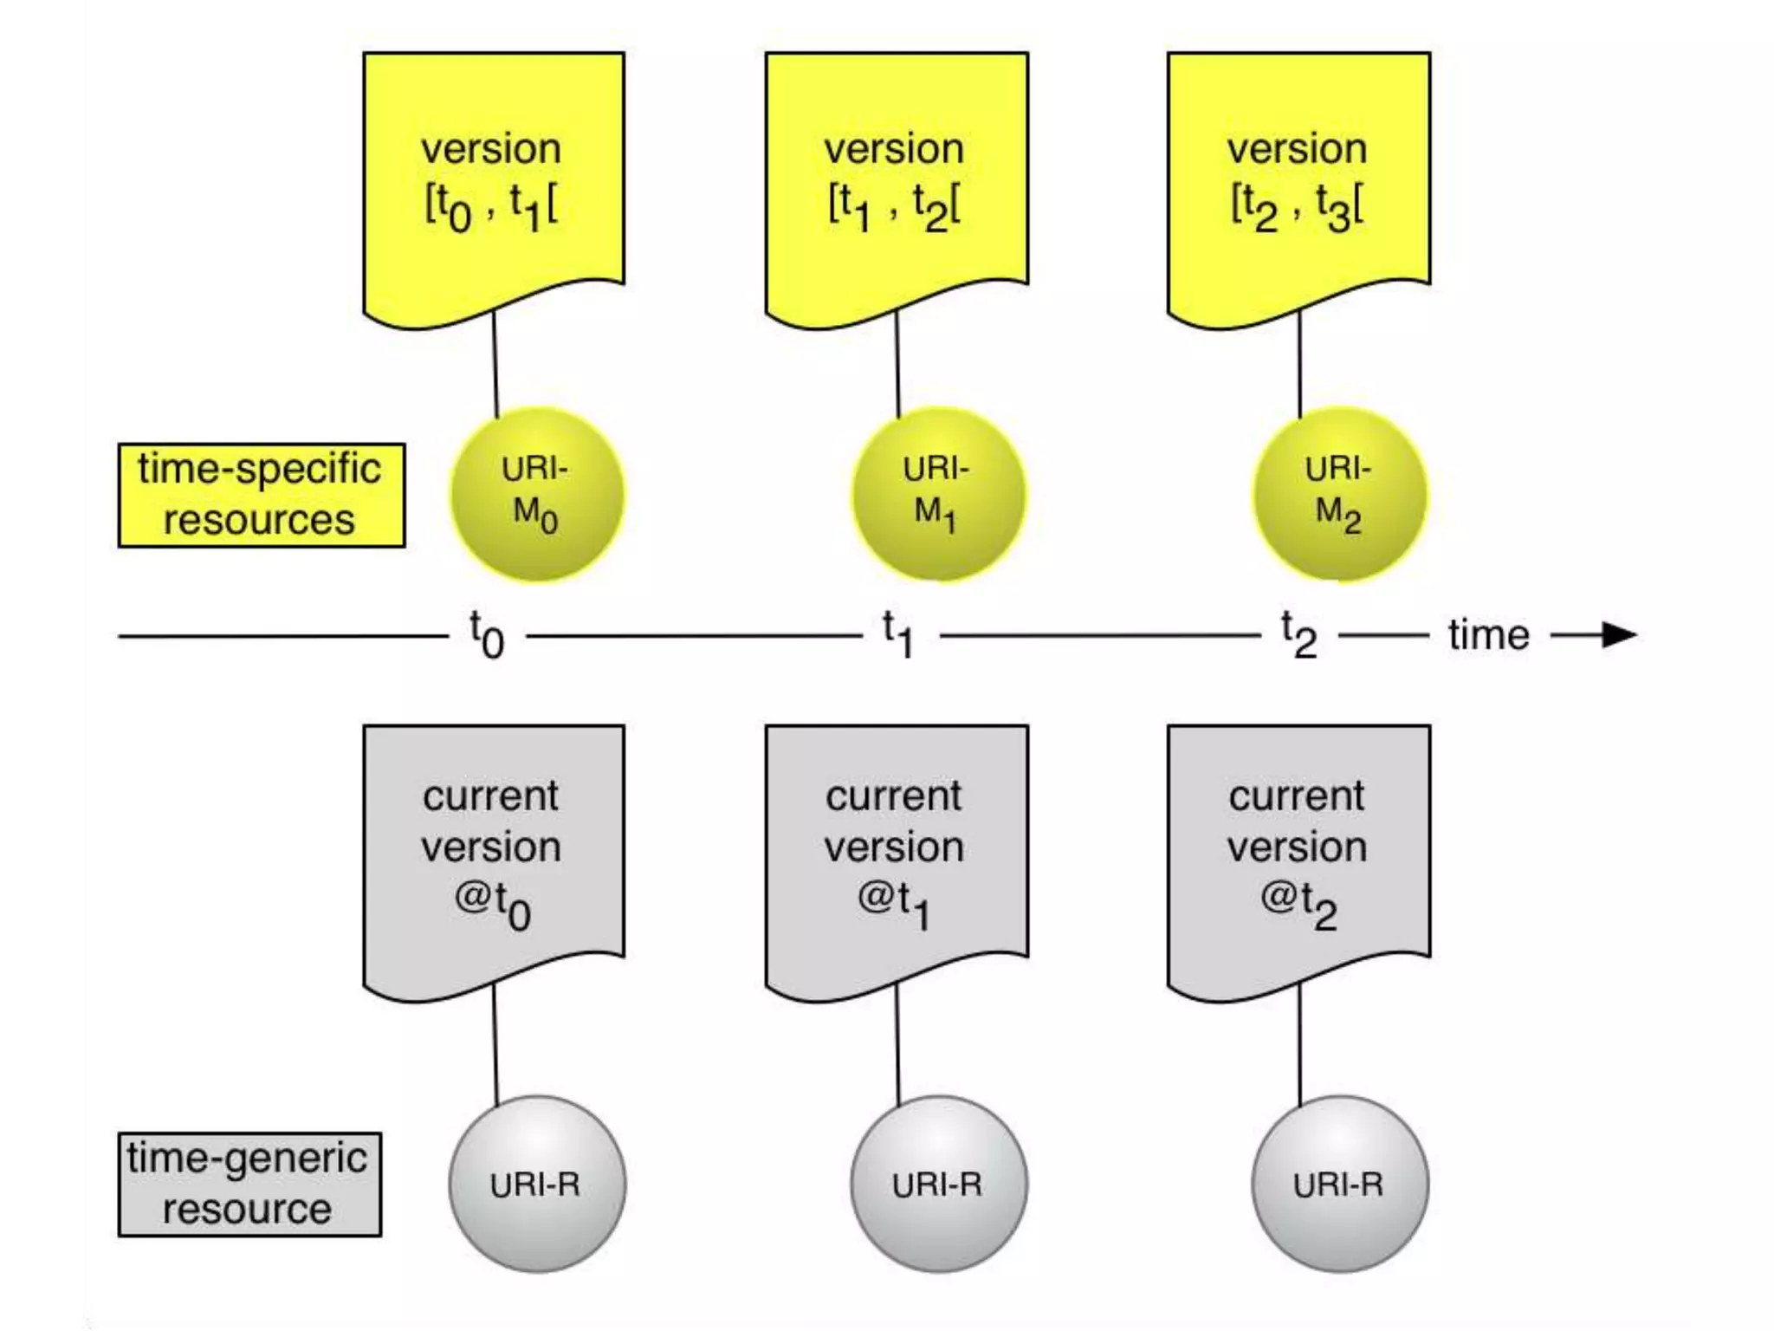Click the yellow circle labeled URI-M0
pos(537,495)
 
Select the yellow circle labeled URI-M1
pos(938,495)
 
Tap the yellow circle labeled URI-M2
pos(1340,495)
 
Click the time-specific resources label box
pos(261,495)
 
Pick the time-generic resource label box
pos(249,1184)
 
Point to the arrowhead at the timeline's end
pos(1618,635)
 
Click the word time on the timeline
pos(1488,635)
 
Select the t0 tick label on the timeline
pos(487,635)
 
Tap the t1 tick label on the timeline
pos(898,635)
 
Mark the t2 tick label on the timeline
pos(1298,635)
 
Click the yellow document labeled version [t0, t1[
pos(493,182)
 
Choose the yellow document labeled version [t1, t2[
pos(896,182)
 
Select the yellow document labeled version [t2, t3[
pos(1298,182)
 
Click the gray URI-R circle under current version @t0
pos(537,1184)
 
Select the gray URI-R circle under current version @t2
pos(1340,1184)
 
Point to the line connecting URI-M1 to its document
pos(897,364)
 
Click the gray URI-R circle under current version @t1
pos(938,1184)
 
